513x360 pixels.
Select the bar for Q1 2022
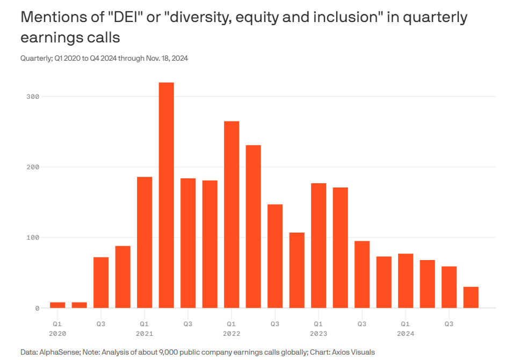coord(232,214)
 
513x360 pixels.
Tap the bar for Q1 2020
coord(57,305)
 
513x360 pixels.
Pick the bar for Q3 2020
coord(101,283)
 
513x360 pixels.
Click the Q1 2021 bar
coord(144,242)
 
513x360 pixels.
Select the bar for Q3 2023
coord(362,274)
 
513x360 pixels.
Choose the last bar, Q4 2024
coord(471,297)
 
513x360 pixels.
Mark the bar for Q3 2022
coord(275,256)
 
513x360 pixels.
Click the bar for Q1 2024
coord(406,280)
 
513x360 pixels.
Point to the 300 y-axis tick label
coord(33,97)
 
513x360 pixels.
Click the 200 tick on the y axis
coord(33,167)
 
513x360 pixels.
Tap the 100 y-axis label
coord(33,237)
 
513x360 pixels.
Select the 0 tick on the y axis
coord(37,308)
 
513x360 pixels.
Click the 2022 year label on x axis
coord(232,334)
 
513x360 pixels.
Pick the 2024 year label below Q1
coord(406,334)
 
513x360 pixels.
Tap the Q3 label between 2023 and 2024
coord(362,324)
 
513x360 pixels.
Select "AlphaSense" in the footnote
coord(57,352)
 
